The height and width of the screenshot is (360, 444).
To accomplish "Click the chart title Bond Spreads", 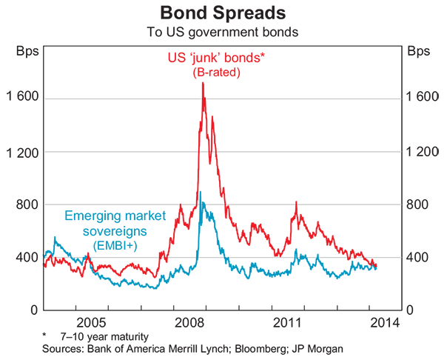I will (x=222, y=13).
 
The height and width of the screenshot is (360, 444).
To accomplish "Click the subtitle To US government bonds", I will (x=222, y=31).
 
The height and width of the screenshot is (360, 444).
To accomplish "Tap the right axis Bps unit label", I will (x=418, y=52).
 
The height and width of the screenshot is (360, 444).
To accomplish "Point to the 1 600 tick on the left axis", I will (x=21, y=99).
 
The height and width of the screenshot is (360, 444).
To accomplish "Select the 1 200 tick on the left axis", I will (x=21, y=152).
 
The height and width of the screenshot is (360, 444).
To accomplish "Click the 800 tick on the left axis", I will (x=27, y=204).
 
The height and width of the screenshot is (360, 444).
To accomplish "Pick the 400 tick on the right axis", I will (x=417, y=257).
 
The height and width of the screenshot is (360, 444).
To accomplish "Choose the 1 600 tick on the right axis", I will (x=423, y=99).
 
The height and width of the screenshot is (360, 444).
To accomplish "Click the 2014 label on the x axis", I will (x=386, y=323).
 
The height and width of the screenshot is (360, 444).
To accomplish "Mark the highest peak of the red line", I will (x=203, y=83).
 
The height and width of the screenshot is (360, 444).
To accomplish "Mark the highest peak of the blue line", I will (x=201, y=193).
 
